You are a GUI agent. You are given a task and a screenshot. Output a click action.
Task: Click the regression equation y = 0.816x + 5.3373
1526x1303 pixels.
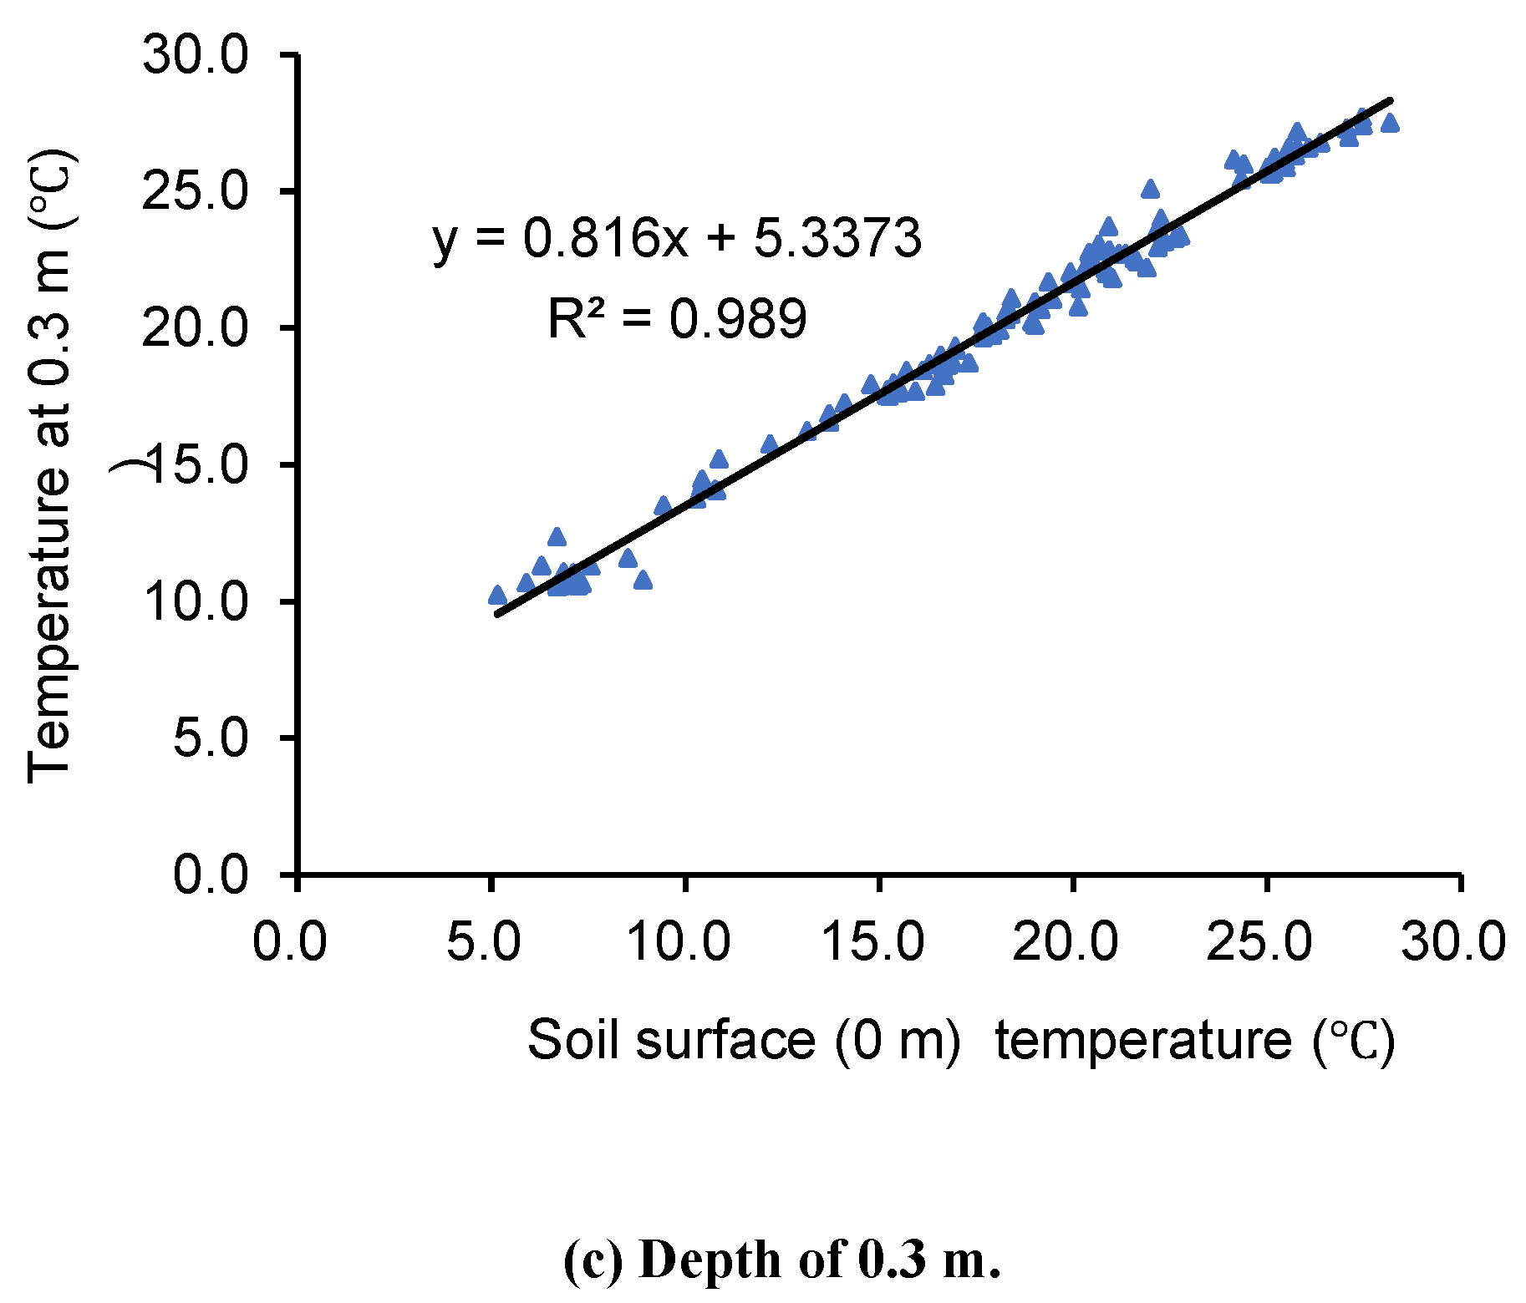coord(677,238)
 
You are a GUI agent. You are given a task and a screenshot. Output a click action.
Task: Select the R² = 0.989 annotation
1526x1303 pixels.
coord(677,318)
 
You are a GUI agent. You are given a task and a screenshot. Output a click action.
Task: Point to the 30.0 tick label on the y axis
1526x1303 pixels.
coord(196,57)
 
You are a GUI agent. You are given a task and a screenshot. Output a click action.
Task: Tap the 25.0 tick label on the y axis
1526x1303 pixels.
coord(196,192)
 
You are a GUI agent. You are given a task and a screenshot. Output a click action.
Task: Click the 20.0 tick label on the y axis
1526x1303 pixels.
coord(196,328)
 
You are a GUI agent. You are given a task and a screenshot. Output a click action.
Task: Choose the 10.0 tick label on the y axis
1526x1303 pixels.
coord(196,601)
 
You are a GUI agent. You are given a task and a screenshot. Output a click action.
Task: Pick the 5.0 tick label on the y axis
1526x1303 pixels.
coord(211,738)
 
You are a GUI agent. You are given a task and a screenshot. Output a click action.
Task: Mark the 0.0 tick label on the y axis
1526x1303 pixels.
coord(211,875)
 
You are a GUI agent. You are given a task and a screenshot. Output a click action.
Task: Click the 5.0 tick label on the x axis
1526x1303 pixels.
coord(484,941)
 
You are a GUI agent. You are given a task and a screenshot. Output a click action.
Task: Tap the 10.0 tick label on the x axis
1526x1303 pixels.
coord(679,941)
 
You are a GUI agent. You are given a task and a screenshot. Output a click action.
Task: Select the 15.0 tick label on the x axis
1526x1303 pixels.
coord(873,941)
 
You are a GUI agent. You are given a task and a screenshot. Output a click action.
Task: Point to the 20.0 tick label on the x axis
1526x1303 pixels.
coord(1066,941)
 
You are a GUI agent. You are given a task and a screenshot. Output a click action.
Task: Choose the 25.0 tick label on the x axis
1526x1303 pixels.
coord(1260,941)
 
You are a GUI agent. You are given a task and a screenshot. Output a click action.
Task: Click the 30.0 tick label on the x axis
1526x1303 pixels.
coord(1454,941)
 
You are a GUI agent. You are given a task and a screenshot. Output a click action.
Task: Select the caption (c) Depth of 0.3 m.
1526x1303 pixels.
coord(781,1259)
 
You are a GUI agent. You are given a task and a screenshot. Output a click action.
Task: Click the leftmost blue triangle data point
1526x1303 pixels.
coord(497,595)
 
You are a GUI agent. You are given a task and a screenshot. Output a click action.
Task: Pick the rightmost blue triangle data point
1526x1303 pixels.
coord(1390,123)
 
